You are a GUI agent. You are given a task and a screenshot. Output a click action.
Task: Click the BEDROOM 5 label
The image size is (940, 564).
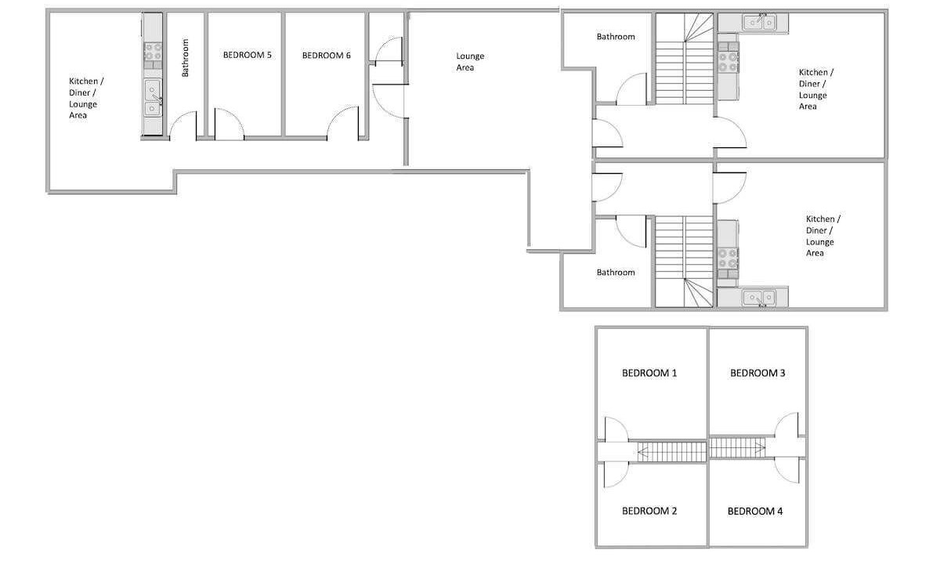[248, 55]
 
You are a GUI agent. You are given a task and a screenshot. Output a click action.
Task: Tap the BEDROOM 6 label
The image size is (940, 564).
[326, 56]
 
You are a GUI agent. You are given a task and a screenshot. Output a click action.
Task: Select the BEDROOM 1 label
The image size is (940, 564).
[649, 373]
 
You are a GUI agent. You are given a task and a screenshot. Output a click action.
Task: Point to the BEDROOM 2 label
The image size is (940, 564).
[649, 511]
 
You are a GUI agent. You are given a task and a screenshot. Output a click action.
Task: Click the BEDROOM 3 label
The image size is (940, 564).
[757, 373]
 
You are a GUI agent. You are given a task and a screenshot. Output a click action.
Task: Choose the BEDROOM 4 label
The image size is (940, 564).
[755, 511]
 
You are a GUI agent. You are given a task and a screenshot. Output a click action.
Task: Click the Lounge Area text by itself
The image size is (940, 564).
[470, 62]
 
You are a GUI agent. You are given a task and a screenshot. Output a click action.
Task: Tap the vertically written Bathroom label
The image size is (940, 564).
[185, 58]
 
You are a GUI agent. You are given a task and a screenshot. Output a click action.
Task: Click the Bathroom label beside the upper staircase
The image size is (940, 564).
[616, 37]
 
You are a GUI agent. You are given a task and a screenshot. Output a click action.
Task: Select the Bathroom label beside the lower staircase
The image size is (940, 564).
[616, 273]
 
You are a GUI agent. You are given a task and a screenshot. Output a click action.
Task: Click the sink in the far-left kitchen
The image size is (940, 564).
[153, 98]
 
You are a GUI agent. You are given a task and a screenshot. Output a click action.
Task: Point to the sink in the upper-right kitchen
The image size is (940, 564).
[760, 22]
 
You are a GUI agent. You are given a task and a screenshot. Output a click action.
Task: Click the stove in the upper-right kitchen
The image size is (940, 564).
[728, 62]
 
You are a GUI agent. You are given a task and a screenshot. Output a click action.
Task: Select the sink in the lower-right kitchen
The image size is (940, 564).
[760, 298]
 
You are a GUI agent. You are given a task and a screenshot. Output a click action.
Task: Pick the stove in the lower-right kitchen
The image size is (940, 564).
[728, 258]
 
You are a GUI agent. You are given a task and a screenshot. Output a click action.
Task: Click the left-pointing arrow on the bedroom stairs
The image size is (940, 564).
[643, 453]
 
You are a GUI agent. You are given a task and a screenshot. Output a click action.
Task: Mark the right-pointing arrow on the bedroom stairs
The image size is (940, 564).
[760, 448]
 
